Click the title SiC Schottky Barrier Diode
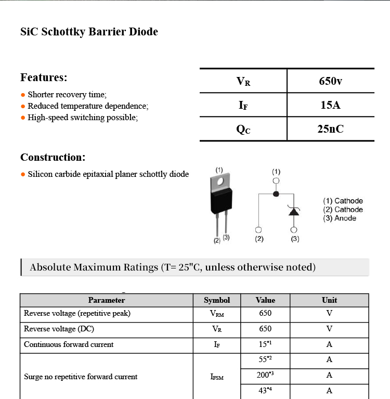89,32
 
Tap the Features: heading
44,78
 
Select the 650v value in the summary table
330,81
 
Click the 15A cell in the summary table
330,105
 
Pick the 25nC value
330,129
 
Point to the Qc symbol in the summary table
243,130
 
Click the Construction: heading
53,157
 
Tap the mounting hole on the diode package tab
220,182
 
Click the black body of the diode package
221,202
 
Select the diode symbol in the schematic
294,211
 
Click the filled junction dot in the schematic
276,194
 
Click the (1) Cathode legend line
343,201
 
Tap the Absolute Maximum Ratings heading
173,267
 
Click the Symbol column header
217,300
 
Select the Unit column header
329,300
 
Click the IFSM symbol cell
217,377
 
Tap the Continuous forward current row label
69,344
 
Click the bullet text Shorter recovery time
67,95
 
